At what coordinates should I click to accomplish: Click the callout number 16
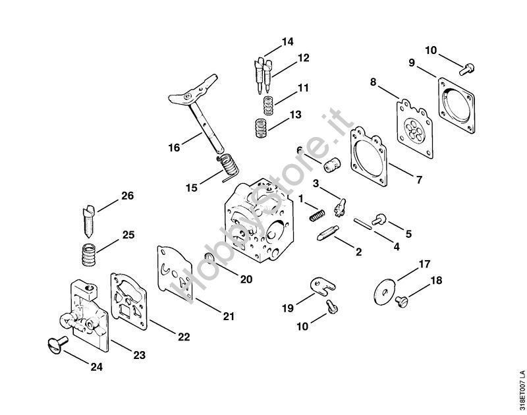point(173,148)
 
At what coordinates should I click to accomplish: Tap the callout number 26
point(126,196)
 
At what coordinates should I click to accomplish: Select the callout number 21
point(228,316)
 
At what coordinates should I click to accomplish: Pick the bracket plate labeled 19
point(321,285)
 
